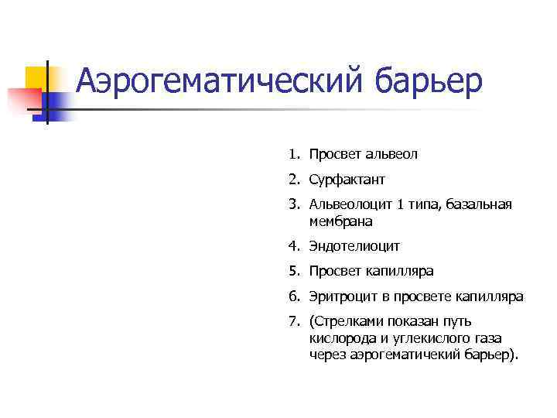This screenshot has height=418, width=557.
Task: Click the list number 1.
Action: tap(294, 155)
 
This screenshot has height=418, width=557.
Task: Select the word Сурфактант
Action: tap(347, 180)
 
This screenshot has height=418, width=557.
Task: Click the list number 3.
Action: tap(294, 205)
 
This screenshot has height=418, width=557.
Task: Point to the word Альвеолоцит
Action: tap(350, 205)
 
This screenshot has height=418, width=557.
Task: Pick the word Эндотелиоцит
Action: tap(354, 247)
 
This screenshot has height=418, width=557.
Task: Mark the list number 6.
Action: tap(294, 296)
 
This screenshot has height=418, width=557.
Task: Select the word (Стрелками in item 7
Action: tap(346, 322)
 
